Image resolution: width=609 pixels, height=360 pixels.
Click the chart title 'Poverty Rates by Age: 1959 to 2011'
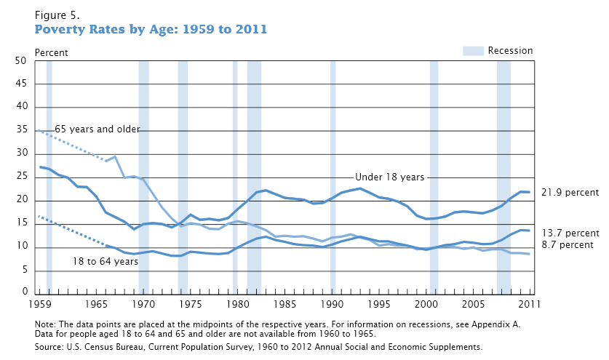click(151, 30)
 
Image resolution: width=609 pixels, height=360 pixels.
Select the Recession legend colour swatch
click(473, 51)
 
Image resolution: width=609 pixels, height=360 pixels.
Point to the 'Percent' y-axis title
click(52, 52)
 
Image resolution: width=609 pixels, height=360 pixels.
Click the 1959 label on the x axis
click(41, 303)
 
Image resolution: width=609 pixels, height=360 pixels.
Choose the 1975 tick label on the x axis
click(191, 303)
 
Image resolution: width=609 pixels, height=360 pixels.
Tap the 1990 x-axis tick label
click(333, 303)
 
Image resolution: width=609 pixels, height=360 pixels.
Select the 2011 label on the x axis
click(529, 303)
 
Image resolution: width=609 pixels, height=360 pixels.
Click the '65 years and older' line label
click(97, 129)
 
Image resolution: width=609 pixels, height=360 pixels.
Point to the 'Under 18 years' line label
click(389, 177)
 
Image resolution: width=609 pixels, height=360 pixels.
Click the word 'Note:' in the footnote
click(44, 324)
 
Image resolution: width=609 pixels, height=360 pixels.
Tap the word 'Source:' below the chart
click(48, 347)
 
